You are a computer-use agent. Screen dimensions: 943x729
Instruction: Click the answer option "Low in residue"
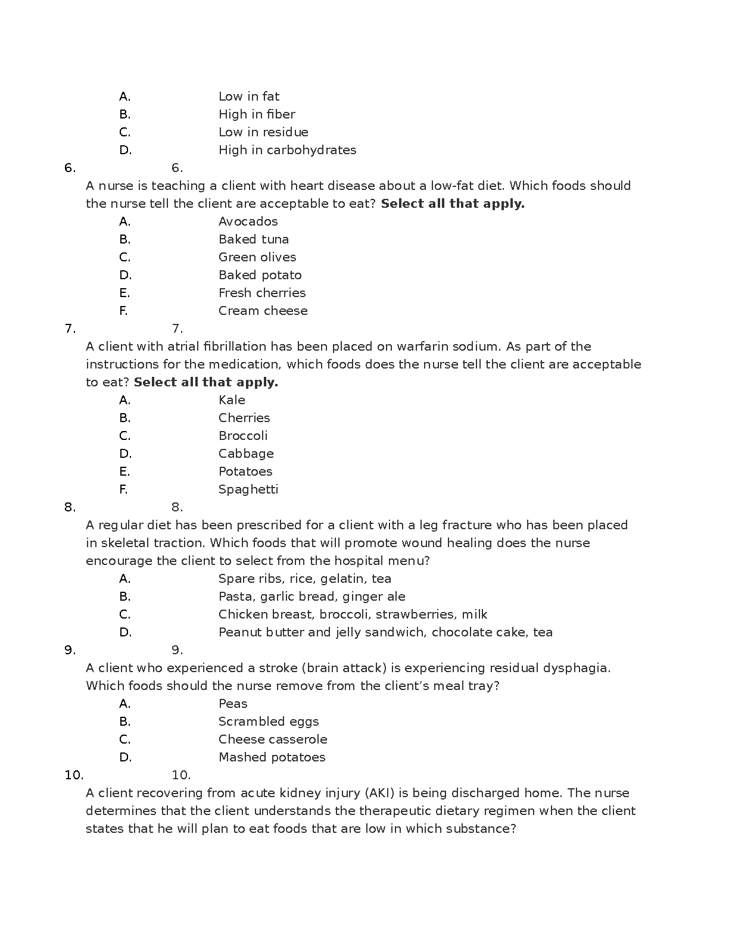[x=263, y=132]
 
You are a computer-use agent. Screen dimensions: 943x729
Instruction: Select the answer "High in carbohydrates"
[x=287, y=150]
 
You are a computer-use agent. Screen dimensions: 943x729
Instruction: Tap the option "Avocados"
[x=248, y=221]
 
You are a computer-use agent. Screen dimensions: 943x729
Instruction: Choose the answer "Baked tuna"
[x=253, y=239]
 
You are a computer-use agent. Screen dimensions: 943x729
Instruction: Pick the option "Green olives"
[x=257, y=257]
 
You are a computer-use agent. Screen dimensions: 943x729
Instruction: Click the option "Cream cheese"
[x=263, y=311]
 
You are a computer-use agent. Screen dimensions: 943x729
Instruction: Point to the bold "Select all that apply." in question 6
[x=453, y=204]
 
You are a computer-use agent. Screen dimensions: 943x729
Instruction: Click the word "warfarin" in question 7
[x=422, y=346]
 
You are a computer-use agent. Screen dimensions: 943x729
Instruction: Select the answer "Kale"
[x=232, y=400]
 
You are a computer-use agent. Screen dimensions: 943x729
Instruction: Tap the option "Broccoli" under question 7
[x=243, y=436]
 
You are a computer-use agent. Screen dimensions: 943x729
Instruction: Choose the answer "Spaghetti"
[x=248, y=489]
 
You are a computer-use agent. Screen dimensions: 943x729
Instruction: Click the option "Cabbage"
[x=246, y=454]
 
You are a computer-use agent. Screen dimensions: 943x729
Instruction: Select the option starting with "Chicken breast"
[x=353, y=614]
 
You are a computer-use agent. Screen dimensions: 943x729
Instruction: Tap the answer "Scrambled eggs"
[x=269, y=722]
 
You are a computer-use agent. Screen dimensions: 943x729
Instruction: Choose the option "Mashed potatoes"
[x=272, y=757]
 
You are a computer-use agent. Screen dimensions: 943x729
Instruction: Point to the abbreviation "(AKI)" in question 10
[x=378, y=793]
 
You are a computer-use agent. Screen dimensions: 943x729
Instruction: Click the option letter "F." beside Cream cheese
[x=123, y=311]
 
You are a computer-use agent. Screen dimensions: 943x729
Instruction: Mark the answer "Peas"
[x=232, y=704]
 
